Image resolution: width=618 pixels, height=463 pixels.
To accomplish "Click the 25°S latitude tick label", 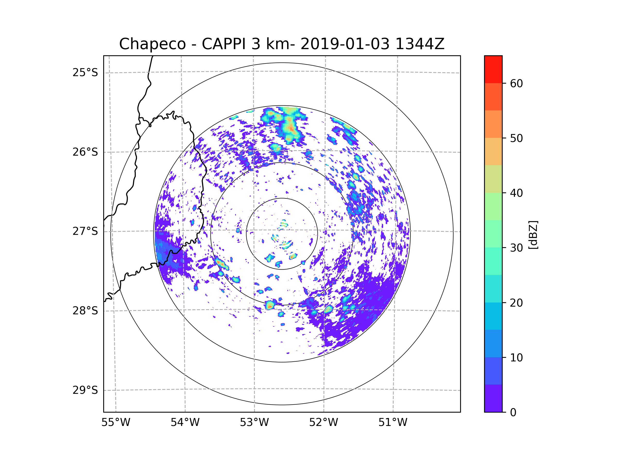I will (85, 73).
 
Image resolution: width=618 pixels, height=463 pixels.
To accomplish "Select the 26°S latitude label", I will (85, 152).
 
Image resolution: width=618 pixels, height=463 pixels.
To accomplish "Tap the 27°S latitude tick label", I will (85, 231).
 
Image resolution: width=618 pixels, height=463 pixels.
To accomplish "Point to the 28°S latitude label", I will (85, 311).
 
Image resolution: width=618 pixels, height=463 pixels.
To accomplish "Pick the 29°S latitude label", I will (85, 390).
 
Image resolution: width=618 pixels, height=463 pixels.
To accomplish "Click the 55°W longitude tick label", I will (116, 423).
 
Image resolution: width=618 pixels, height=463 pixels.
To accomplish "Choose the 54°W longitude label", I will (185, 423).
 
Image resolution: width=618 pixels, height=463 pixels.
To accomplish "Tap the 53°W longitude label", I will (254, 423).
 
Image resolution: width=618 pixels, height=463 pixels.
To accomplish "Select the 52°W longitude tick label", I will (323, 423).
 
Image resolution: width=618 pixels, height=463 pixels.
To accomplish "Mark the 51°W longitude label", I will (393, 423).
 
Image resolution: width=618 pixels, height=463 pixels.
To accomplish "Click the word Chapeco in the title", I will (152, 44).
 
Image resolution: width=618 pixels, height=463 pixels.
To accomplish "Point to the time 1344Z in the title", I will (420, 44).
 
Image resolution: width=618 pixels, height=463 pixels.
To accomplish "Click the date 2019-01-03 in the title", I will (345, 44).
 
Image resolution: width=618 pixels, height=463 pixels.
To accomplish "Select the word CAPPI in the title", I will (224, 44).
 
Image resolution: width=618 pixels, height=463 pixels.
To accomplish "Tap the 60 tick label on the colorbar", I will (516, 83).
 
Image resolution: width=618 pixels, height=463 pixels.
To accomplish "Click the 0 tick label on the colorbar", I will (513, 413).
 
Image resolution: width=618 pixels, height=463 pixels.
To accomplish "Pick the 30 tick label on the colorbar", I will (516, 248).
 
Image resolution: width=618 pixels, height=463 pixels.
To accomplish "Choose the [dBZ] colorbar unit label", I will (533, 235).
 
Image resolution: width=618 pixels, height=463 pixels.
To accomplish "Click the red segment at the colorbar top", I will (493, 69).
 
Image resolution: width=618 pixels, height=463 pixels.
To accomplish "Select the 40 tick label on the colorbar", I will (516, 193).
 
